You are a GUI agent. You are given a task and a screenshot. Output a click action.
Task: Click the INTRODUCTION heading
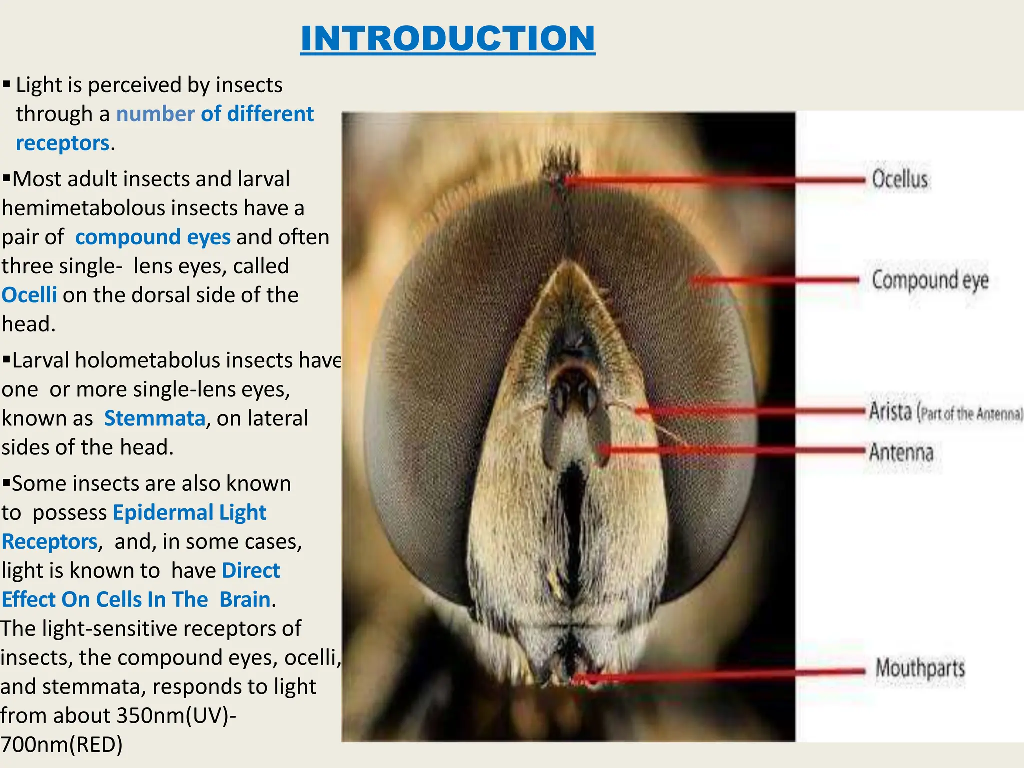[x=447, y=38]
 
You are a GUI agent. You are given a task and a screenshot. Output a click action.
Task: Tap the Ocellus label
[x=900, y=179]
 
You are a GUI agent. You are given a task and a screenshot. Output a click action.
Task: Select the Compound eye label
[x=930, y=280]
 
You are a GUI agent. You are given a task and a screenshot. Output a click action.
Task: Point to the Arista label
[x=891, y=412]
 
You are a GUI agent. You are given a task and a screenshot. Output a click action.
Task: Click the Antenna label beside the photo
[x=901, y=452]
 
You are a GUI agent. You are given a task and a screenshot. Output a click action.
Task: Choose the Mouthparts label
[x=920, y=668]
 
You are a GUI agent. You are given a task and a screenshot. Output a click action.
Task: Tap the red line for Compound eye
[x=775, y=280]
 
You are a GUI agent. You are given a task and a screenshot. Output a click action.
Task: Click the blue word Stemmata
[x=154, y=418]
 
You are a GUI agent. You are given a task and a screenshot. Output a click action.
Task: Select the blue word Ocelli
[x=29, y=295]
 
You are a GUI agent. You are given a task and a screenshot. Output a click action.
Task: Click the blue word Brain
[x=245, y=600]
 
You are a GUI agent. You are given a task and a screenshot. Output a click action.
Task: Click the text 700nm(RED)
[x=61, y=745]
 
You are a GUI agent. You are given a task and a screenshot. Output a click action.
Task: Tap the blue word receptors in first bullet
[x=62, y=143]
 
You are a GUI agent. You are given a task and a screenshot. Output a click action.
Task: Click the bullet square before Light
[x=6, y=84]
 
